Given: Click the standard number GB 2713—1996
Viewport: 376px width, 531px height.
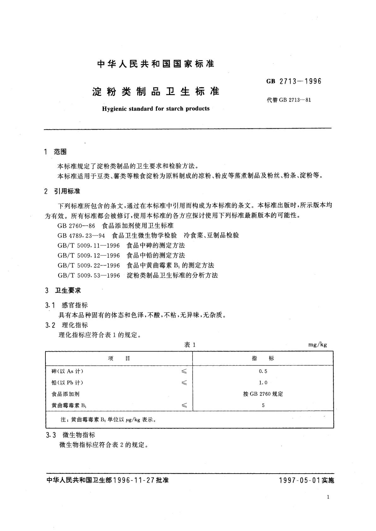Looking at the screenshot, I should (x=294, y=81).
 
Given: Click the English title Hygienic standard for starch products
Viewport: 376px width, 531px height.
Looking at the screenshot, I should (x=156, y=108).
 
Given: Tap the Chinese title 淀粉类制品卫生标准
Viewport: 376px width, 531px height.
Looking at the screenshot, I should (x=156, y=91).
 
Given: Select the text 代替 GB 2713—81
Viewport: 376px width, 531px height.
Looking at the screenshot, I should (x=289, y=100).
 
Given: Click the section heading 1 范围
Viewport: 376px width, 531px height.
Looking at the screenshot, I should (x=56, y=152).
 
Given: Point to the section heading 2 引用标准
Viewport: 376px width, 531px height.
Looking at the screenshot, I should (x=63, y=191).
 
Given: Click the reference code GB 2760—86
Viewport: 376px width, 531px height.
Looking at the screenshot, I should (x=76, y=225).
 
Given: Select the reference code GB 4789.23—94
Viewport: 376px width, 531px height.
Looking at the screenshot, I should (x=81, y=236).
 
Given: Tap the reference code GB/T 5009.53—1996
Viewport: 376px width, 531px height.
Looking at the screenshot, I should (x=89, y=275).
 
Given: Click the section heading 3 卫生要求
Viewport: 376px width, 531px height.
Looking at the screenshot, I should (x=63, y=290).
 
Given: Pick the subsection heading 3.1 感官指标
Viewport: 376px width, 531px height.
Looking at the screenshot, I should (x=67, y=305).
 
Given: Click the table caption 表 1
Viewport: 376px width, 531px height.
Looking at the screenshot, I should (x=190, y=345).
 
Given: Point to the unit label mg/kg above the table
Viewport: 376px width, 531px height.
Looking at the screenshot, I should (x=317, y=344).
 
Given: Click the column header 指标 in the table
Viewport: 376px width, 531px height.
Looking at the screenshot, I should (x=263, y=358).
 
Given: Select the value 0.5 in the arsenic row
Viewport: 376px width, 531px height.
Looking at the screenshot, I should (x=263, y=371).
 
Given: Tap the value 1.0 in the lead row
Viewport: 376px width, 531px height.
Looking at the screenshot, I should (x=263, y=382).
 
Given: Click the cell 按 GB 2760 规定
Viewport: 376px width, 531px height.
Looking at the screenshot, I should (x=263, y=394).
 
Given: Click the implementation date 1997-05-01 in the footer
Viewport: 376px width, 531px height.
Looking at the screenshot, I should (x=300, y=480).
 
